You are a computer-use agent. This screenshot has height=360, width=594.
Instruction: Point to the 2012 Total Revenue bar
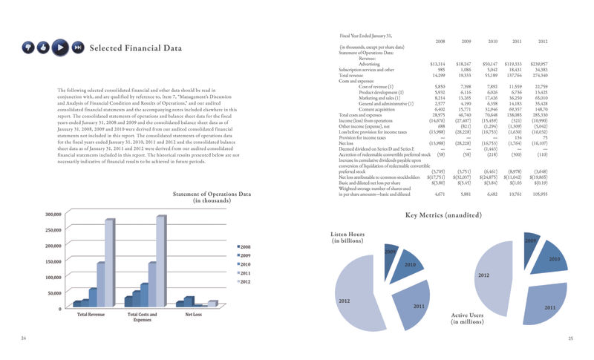110,262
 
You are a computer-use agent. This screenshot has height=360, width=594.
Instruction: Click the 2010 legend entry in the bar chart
245,264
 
